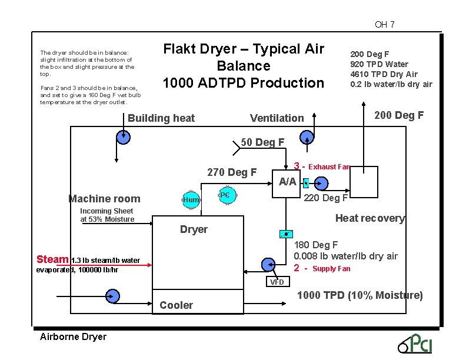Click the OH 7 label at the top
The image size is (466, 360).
point(384,25)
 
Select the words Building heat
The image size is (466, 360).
point(161,118)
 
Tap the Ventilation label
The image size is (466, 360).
point(277,118)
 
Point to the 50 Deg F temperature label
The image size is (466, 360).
point(262,142)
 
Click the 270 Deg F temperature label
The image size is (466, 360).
point(232,172)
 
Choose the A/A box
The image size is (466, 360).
point(287,182)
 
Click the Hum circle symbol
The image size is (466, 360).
point(191,200)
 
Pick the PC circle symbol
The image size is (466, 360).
point(225,195)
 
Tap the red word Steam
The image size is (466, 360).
point(52,259)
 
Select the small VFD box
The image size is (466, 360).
point(277,282)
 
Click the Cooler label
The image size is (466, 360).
point(176,305)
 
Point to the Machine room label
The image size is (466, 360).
point(104,199)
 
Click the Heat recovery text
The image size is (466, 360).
point(370,218)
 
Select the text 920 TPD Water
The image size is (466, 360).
point(379,64)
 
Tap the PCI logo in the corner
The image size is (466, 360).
point(416,342)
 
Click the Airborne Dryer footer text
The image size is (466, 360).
point(73,337)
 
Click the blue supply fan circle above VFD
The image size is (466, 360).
point(268,264)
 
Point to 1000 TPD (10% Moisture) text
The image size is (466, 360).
point(360,295)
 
